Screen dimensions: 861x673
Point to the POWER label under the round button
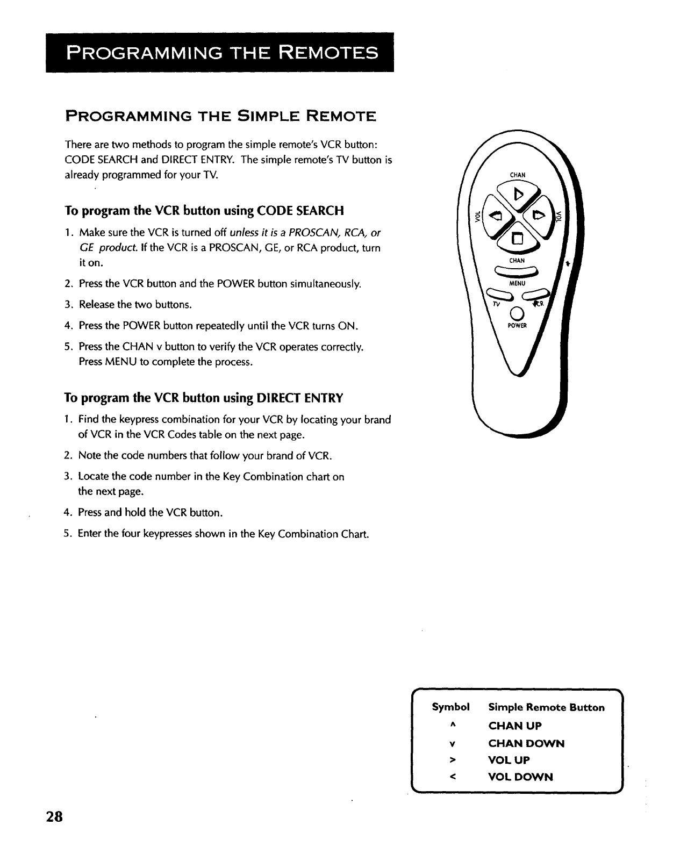pos(517,326)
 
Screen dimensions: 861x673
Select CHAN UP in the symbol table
pos(514,726)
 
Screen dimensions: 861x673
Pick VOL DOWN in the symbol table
pos(520,777)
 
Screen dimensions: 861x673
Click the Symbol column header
pos(450,707)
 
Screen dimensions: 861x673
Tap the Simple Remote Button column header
pos(546,707)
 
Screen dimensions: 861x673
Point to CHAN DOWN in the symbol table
pos(526,743)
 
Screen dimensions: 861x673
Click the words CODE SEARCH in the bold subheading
pos(300,210)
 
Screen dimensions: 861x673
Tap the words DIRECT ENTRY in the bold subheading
pos(300,398)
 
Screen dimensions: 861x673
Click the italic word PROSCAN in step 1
pos(310,233)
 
